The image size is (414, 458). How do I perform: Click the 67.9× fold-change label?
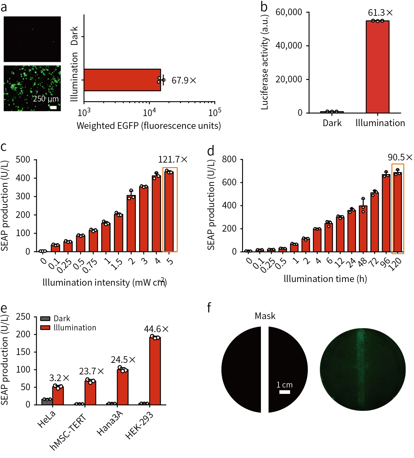(x=184, y=81)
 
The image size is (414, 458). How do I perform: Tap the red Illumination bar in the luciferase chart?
(x=377, y=67)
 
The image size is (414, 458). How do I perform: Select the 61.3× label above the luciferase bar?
(x=380, y=13)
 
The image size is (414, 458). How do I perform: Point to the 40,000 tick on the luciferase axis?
(x=289, y=46)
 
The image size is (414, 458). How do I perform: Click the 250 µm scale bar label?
(x=46, y=99)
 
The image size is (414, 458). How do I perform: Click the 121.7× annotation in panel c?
(x=173, y=160)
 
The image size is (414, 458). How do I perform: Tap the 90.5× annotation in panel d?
(x=400, y=157)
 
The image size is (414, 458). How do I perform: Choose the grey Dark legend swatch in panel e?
(x=45, y=319)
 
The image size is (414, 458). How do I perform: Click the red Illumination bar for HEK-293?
(x=155, y=371)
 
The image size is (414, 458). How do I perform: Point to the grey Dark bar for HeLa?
(x=47, y=401)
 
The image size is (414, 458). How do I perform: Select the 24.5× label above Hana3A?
(x=123, y=360)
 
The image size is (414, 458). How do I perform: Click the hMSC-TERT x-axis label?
(x=68, y=432)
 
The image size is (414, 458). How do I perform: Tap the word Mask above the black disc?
(x=265, y=316)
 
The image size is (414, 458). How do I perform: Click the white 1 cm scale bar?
(x=285, y=392)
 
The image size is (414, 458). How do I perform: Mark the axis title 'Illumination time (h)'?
(x=325, y=279)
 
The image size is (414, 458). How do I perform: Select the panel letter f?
(x=209, y=308)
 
